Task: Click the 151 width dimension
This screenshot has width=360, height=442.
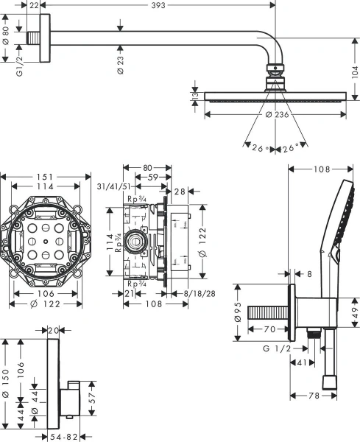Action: (46, 175)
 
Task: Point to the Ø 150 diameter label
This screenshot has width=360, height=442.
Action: (6, 384)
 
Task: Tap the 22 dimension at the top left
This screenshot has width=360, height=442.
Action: (35, 5)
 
